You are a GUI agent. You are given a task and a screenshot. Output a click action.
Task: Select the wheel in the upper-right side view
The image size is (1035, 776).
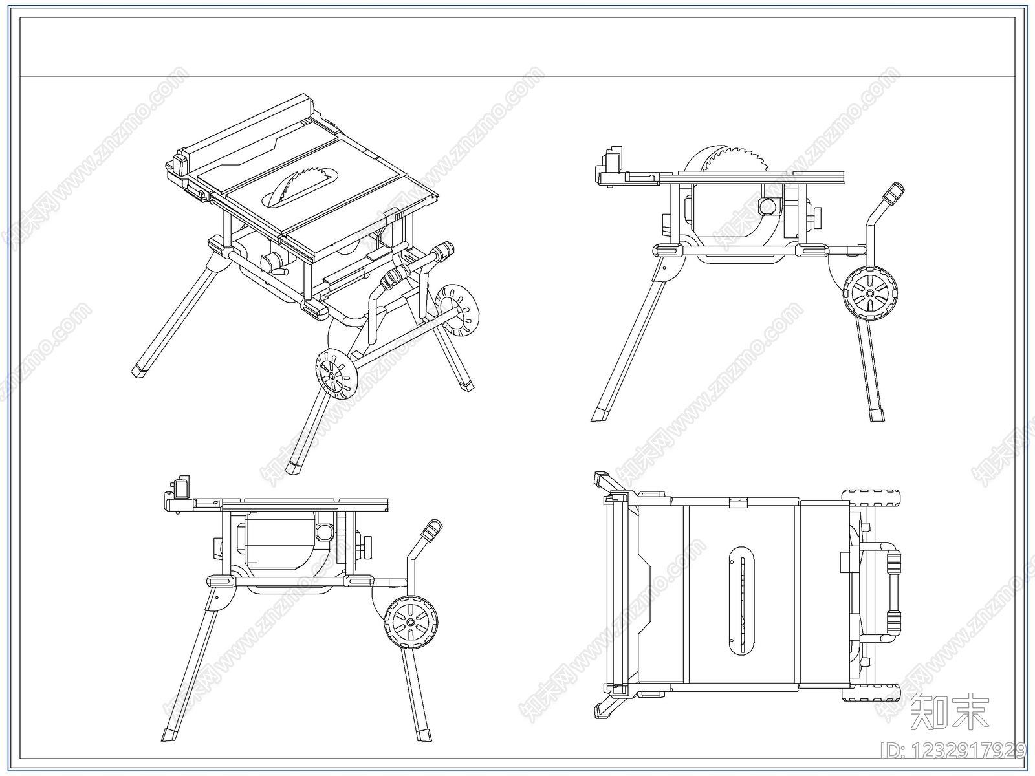coord(870,293)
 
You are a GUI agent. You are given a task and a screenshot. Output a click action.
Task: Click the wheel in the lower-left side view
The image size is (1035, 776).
coord(411,622)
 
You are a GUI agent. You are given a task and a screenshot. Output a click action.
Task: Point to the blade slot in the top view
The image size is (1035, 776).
coord(741,601)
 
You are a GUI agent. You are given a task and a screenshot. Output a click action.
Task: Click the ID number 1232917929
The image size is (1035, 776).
coord(953,751)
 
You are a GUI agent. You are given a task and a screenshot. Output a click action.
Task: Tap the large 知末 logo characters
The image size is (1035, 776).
coord(948,712)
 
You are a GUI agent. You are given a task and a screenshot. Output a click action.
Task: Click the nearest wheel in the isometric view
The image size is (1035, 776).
coord(336,374)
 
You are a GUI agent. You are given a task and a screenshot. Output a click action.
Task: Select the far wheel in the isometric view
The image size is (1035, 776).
coord(456,310)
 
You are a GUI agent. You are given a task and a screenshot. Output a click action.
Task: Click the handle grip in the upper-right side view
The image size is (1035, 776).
coord(893,193)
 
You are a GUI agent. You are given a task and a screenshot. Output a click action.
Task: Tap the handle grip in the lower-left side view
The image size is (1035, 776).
coord(431,530)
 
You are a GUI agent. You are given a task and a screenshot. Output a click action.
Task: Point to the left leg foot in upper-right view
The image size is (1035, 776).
coord(600,413)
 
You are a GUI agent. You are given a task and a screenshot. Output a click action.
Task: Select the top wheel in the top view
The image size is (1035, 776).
coord(871,498)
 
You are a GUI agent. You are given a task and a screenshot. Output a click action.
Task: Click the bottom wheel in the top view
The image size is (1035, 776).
coord(871,692)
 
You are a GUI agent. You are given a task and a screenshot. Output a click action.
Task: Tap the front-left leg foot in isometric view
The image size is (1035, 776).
coord(140,371)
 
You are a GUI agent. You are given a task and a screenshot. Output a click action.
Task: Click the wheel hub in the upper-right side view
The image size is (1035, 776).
coord(870,293)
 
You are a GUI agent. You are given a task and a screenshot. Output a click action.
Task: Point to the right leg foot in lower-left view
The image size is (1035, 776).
coord(424,734)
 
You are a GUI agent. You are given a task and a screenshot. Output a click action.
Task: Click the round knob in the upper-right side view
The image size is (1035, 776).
coord(767,206)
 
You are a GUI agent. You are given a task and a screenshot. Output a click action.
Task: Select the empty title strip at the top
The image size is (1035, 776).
coord(517,47)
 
